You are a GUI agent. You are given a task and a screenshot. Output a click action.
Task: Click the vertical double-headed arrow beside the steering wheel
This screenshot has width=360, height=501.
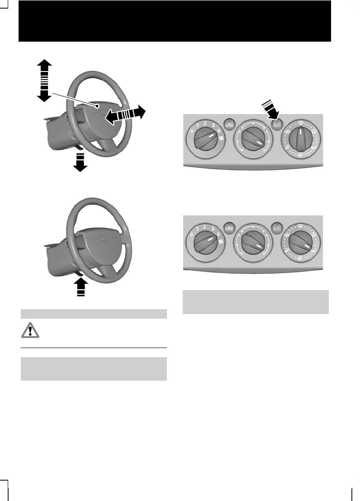44,80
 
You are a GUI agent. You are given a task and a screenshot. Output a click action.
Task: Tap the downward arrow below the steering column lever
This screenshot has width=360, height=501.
80,162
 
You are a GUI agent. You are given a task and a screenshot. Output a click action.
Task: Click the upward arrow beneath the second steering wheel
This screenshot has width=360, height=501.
80,286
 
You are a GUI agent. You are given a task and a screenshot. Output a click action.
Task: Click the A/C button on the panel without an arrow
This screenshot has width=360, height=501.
277,229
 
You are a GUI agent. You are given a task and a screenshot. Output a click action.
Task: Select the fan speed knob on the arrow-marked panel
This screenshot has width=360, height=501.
205,141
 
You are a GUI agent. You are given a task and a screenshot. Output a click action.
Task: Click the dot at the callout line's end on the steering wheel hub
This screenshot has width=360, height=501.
97,105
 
